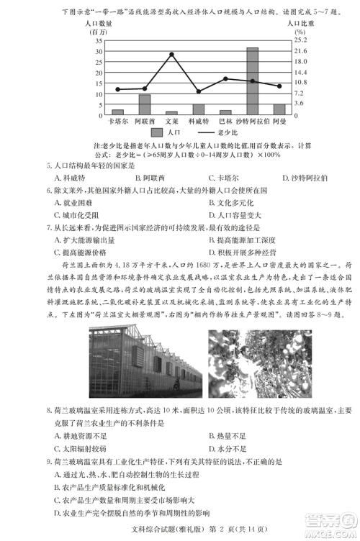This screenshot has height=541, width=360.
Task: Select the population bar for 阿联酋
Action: pos(145,104)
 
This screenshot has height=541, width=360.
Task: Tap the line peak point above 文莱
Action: pos(171,54)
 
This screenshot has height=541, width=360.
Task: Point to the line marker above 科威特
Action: pos(199,91)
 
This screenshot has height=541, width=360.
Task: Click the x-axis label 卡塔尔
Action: pos(117,122)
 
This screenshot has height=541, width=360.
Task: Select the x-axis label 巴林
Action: pos(226,122)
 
